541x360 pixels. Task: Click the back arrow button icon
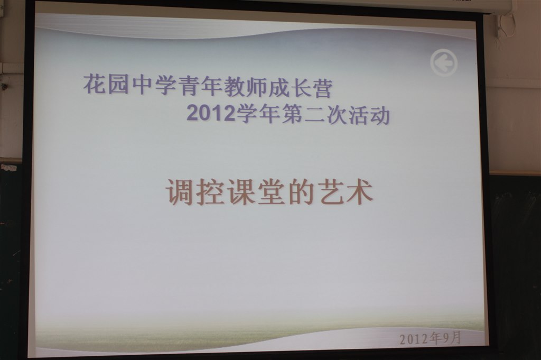(x=444, y=63)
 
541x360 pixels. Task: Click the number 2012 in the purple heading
(x=211, y=113)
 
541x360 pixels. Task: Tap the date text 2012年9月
(x=430, y=338)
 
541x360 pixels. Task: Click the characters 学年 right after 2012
(x=258, y=114)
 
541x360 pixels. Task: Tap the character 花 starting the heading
(x=95, y=84)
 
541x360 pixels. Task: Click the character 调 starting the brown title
(x=180, y=192)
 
